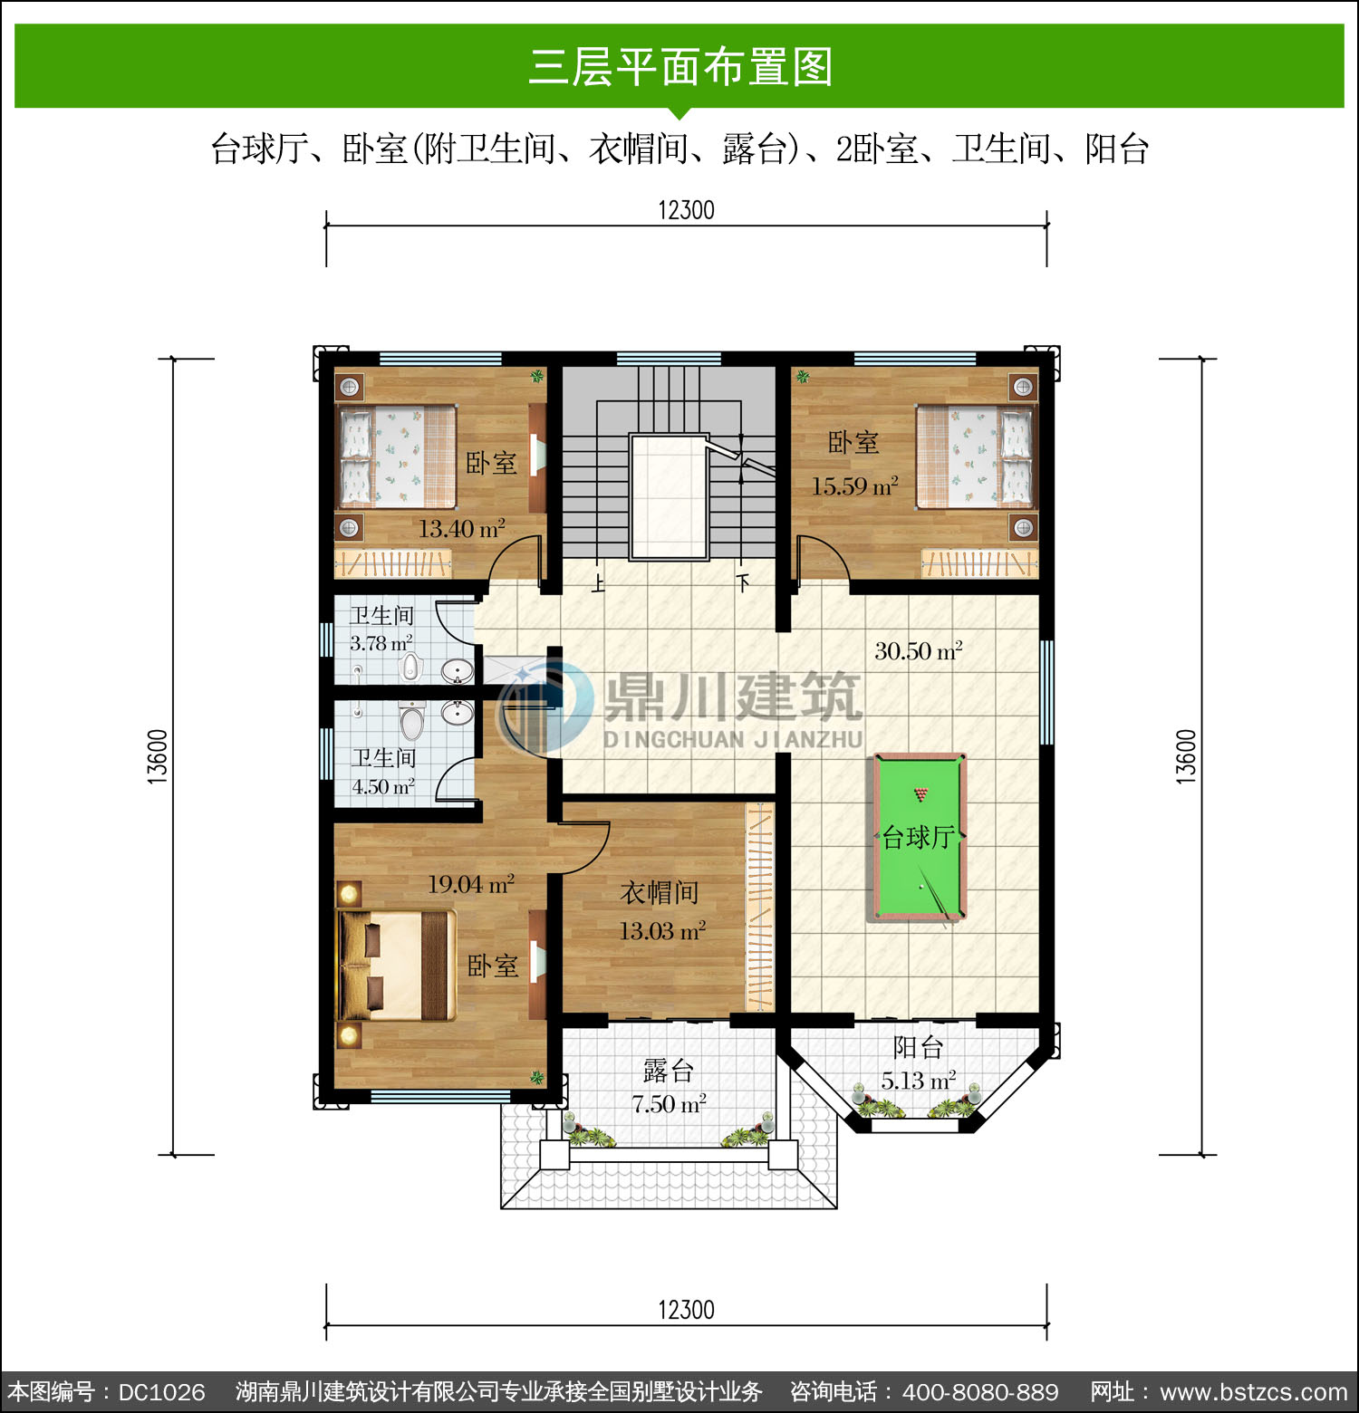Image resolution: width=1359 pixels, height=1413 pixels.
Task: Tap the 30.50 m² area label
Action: [918, 650]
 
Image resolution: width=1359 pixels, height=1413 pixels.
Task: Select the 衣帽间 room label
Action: [660, 893]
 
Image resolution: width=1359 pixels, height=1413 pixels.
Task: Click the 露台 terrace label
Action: [669, 1071]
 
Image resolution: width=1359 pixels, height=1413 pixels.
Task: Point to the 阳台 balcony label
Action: [918, 1047]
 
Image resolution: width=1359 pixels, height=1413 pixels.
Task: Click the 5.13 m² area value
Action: [918, 1080]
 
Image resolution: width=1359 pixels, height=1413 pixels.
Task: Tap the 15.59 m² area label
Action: [854, 485]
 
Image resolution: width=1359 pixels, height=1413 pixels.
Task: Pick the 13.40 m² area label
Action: [461, 528]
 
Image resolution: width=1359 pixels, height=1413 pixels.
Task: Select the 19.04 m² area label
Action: [471, 883]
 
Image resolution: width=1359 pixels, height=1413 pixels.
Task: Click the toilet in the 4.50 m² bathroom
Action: [412, 722]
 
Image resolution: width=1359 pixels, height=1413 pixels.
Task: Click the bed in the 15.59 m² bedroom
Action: [975, 457]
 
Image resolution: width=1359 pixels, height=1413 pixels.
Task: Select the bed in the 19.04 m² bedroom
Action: [397, 966]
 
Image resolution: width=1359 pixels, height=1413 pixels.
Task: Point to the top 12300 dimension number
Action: [686, 210]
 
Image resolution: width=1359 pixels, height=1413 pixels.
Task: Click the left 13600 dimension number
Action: [158, 756]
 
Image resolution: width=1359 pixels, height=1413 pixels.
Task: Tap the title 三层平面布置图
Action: [680, 67]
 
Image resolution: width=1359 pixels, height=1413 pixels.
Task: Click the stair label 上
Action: [598, 583]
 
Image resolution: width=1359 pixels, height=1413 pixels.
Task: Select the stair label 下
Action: [743, 583]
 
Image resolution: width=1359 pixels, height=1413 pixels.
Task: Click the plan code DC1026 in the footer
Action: [161, 1392]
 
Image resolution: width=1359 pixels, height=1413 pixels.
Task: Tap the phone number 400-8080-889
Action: [980, 1392]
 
